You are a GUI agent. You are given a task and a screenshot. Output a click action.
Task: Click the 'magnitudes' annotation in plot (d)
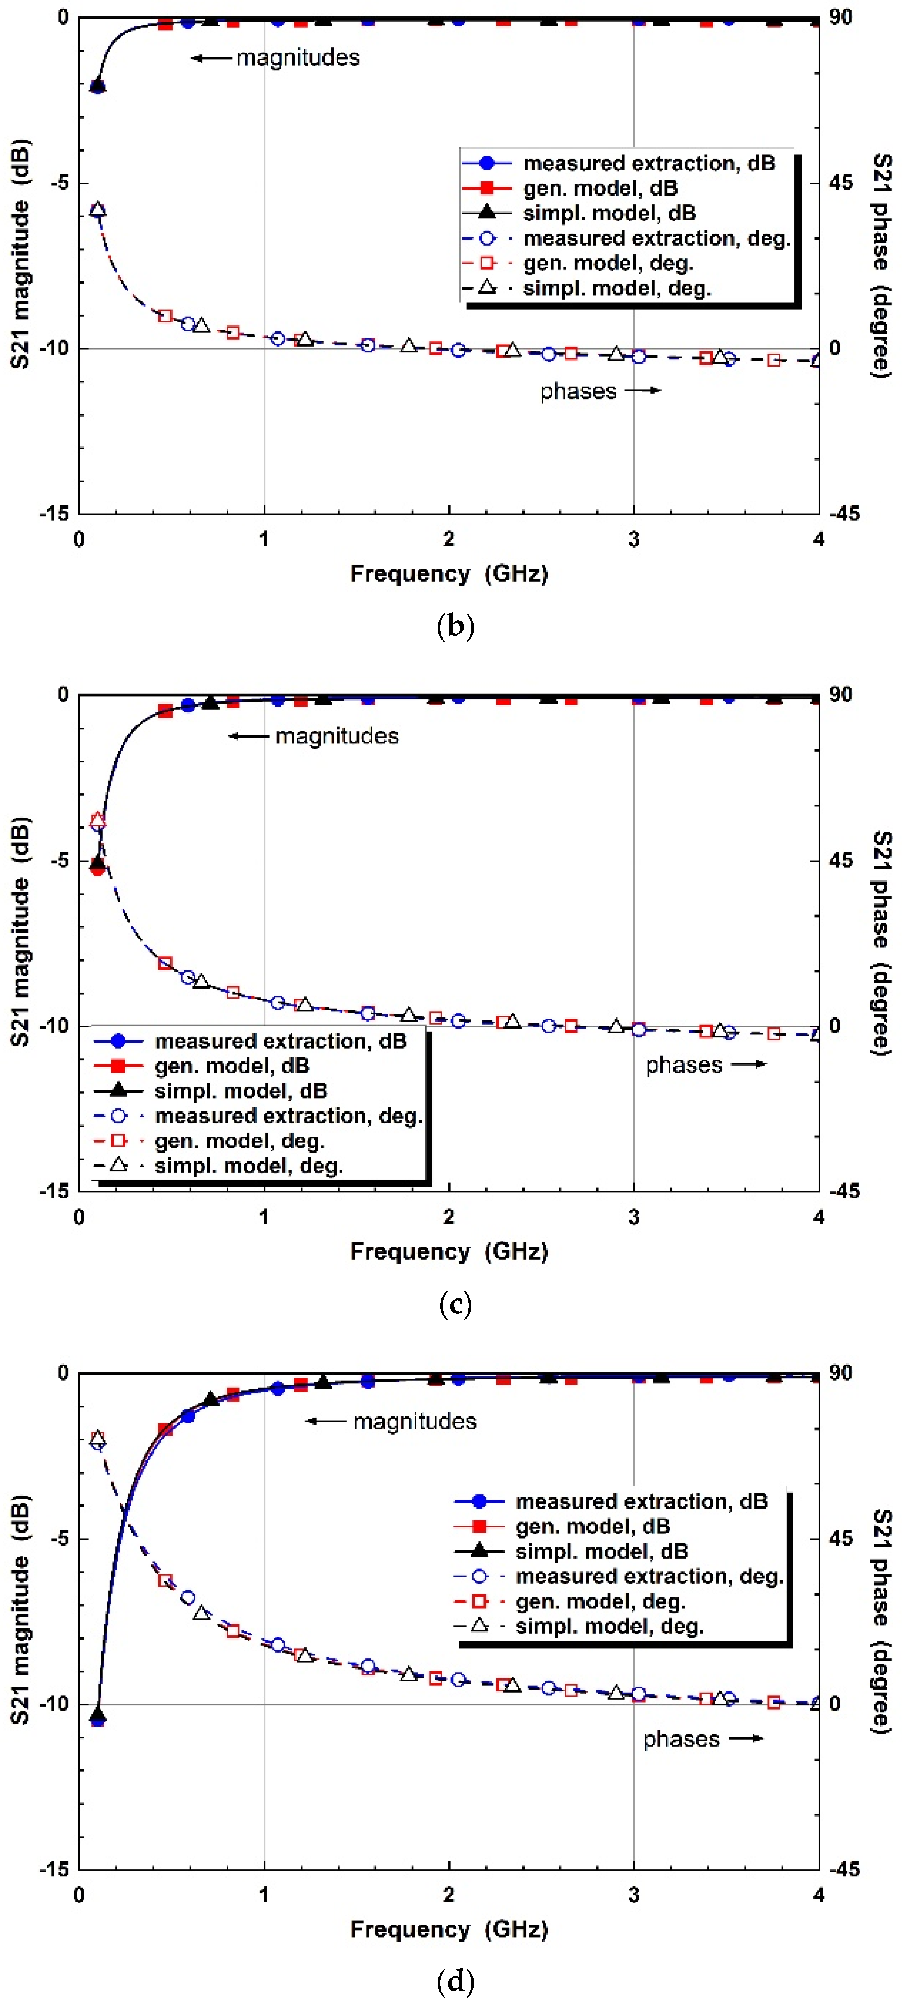[x=415, y=1422]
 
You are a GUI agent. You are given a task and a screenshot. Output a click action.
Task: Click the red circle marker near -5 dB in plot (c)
[x=97, y=868]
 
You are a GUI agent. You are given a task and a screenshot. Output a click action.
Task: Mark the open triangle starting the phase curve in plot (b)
[x=97, y=209]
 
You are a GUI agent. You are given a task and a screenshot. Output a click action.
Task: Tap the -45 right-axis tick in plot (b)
[x=844, y=513]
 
